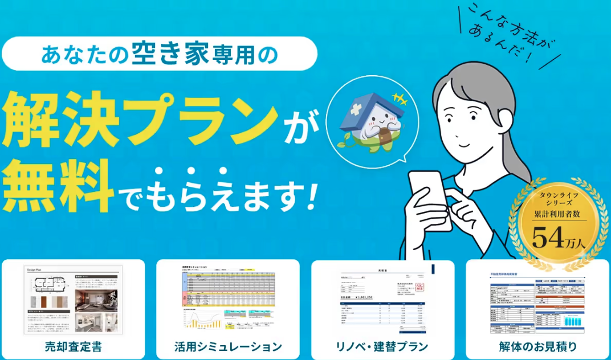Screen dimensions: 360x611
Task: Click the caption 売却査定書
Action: [x=74, y=346]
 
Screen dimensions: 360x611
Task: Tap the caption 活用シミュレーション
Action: [x=228, y=346]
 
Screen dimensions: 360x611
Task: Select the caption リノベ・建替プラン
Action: [x=382, y=346]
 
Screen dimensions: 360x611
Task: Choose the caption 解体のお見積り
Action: [x=537, y=346]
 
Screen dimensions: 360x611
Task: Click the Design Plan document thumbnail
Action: [x=74, y=300]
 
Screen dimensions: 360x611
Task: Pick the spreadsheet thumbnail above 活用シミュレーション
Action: [x=228, y=300]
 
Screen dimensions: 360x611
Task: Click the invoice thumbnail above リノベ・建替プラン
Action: [x=382, y=300]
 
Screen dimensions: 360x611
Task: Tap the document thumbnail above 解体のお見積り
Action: [x=537, y=300]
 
